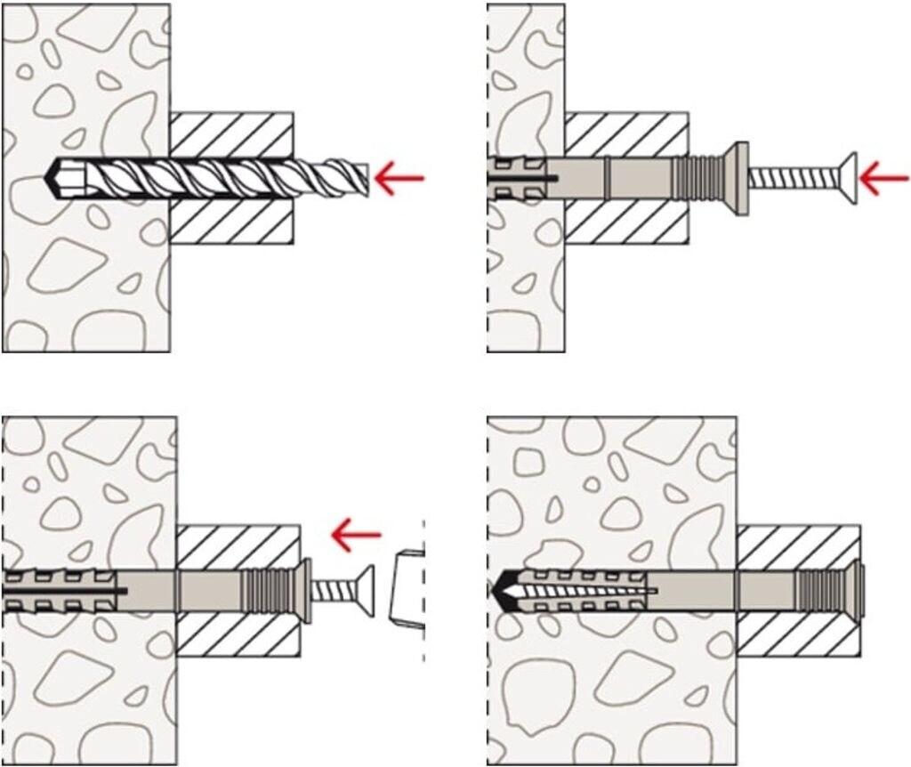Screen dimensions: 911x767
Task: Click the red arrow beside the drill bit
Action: pos(399,178)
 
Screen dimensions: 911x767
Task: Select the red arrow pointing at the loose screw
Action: pos(884,182)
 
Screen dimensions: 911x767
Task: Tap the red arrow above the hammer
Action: pos(356,535)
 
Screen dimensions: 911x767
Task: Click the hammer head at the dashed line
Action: pos(407,588)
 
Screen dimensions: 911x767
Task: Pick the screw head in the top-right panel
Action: pos(849,178)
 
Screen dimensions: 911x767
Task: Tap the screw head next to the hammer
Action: pos(365,587)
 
